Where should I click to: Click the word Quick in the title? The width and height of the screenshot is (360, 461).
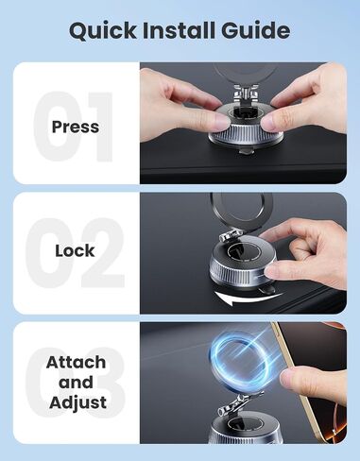pos(103,31)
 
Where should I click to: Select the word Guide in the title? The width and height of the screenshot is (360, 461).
pos(256,30)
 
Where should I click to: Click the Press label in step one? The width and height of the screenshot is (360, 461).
pos(76,127)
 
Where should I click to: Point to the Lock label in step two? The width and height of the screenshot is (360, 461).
pos(75,251)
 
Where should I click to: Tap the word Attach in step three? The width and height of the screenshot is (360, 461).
pos(76,362)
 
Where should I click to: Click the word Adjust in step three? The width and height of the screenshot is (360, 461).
pos(77,402)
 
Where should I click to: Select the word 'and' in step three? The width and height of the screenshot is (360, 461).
pos(76,383)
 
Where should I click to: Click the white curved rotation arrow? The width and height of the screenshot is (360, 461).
pos(248,299)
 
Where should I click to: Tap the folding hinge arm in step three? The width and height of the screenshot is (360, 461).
pos(241,404)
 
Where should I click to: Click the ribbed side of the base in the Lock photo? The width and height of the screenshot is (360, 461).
pos(236,275)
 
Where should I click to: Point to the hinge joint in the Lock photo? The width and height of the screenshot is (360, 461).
pos(230,236)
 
